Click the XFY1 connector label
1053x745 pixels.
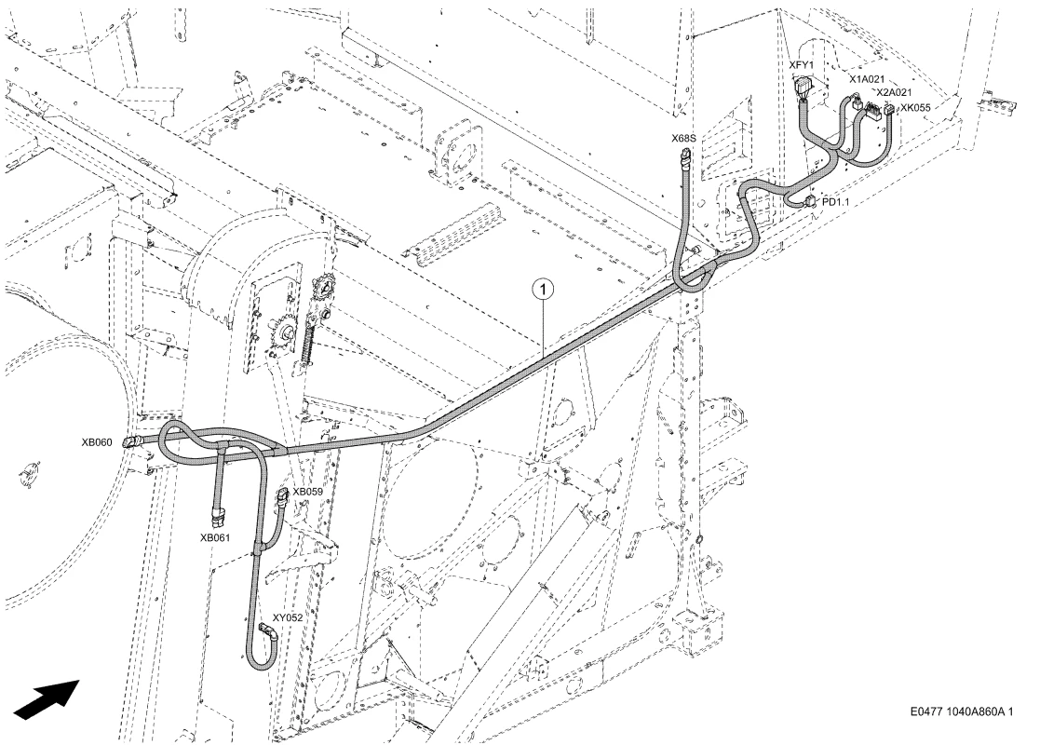point(802,64)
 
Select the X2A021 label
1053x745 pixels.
point(894,93)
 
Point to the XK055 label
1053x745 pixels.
point(915,107)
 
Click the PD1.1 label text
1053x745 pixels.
point(835,201)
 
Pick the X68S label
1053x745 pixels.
point(683,139)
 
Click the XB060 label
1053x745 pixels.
point(97,442)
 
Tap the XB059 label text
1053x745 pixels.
point(307,492)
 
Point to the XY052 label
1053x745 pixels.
point(287,618)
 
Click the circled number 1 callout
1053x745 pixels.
point(543,290)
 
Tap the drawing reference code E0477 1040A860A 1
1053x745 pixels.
point(962,711)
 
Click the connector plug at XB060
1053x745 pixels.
point(131,441)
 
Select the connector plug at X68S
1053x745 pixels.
point(685,158)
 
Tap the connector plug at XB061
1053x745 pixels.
point(218,516)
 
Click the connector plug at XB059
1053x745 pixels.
point(282,498)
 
